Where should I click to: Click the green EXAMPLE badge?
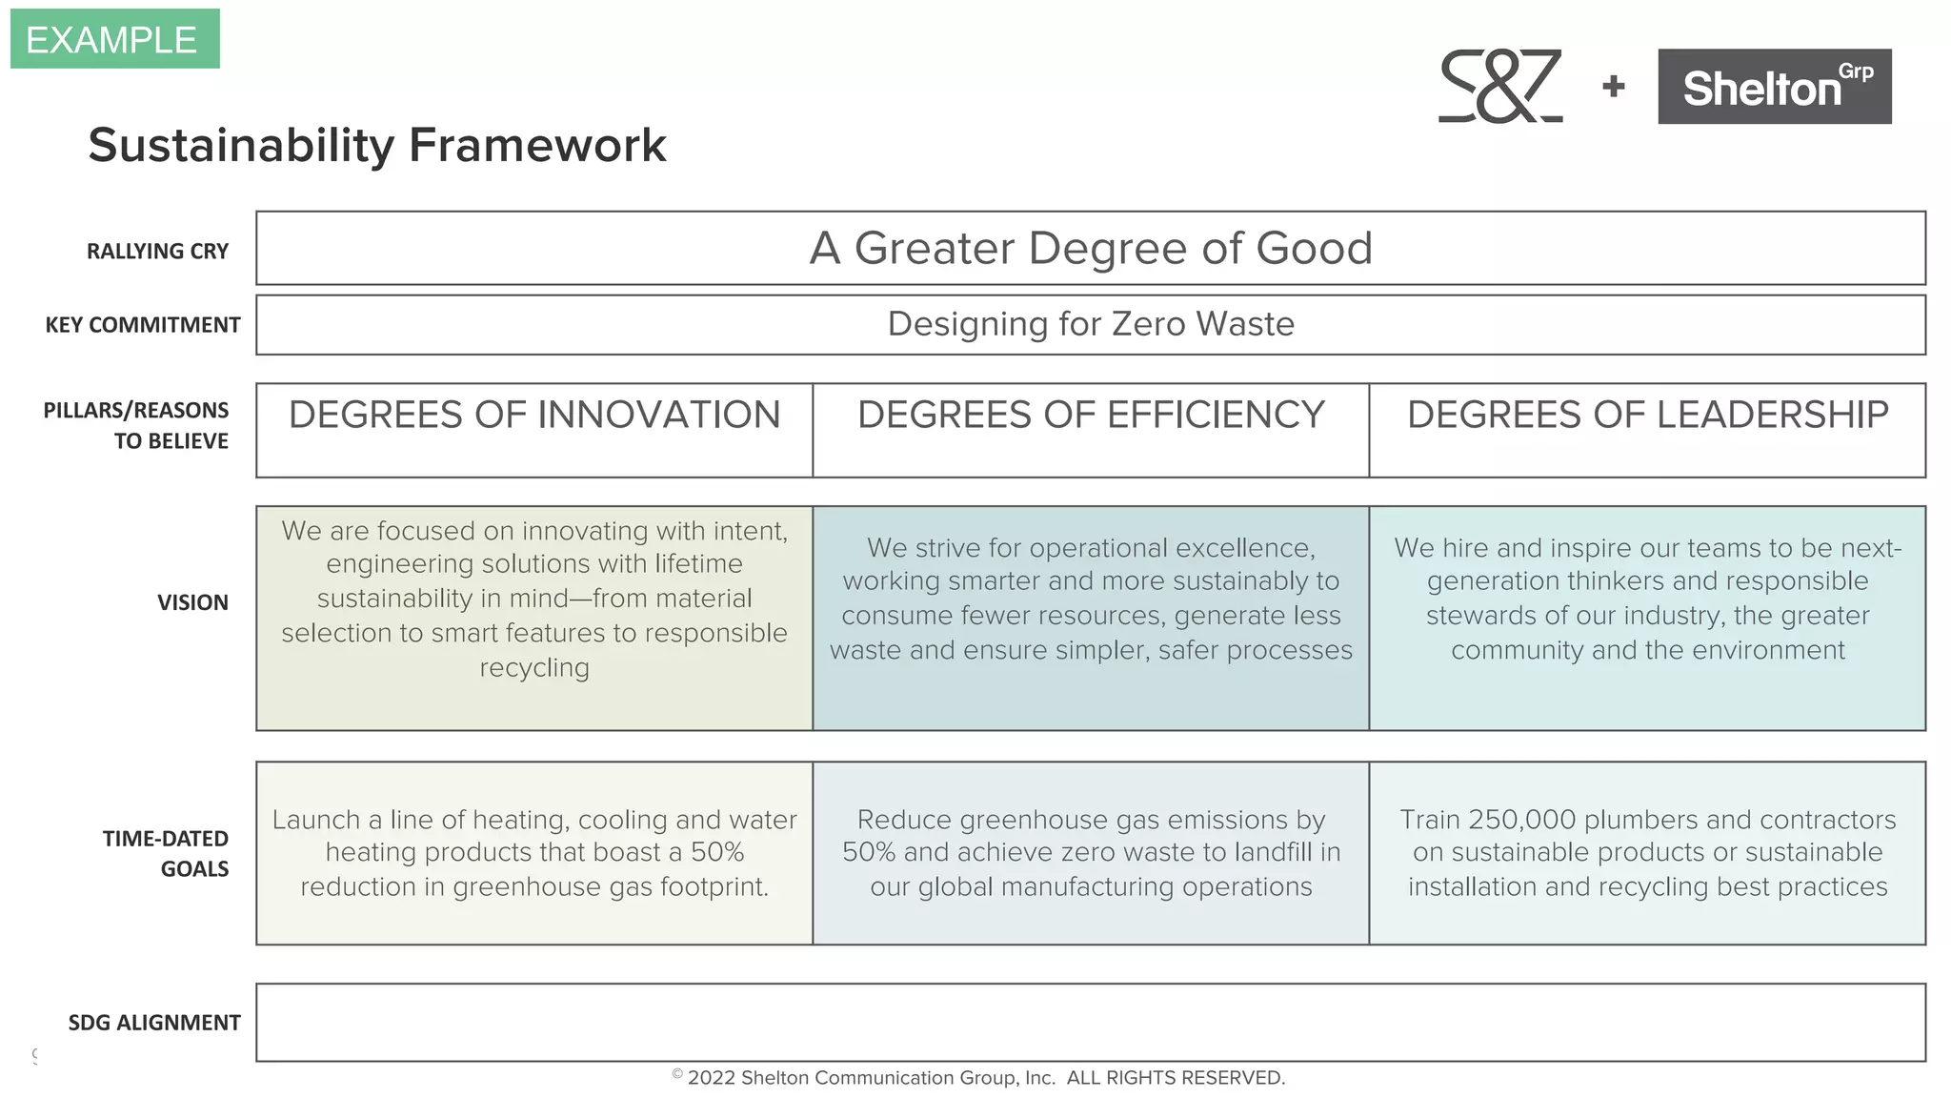pos(114,39)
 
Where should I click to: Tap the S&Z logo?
pos(1500,86)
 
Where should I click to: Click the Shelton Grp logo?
pos(1774,87)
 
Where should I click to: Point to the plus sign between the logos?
pos(1613,87)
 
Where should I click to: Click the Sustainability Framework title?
pos(377,146)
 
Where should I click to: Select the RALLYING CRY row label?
pos(157,252)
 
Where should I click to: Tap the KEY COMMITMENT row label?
pos(143,325)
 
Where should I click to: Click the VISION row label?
pos(192,602)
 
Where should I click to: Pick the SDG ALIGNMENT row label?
pos(154,1023)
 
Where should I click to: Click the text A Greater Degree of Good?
pos(1091,249)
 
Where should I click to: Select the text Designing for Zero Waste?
pos(1091,324)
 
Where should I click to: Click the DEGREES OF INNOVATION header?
pos(534,415)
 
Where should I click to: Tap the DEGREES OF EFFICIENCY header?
pos(1091,415)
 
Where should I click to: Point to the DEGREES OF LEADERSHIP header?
pos(1647,415)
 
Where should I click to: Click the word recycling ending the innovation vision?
pos(534,668)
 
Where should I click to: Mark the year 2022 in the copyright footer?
pos(711,1078)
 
